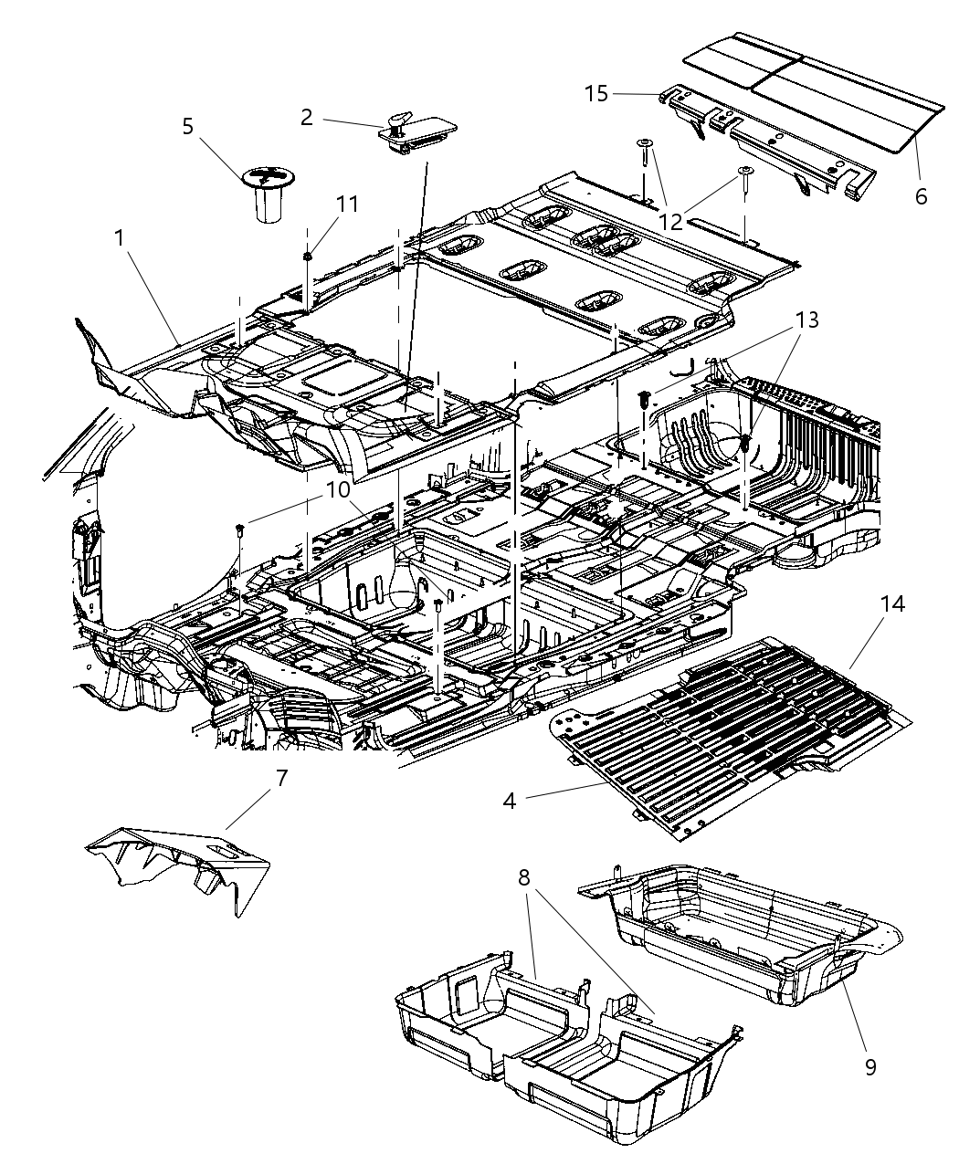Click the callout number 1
tap(120, 237)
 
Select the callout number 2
tap(306, 117)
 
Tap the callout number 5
tap(187, 126)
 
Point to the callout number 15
tap(596, 94)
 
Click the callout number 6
tap(921, 196)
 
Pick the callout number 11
tap(346, 204)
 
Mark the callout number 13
tap(806, 320)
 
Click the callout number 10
tap(338, 490)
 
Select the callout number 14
tap(892, 604)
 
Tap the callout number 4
tap(510, 802)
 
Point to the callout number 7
tap(281, 779)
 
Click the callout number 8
tap(523, 878)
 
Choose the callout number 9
tap(870, 1066)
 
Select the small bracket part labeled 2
tap(416, 132)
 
